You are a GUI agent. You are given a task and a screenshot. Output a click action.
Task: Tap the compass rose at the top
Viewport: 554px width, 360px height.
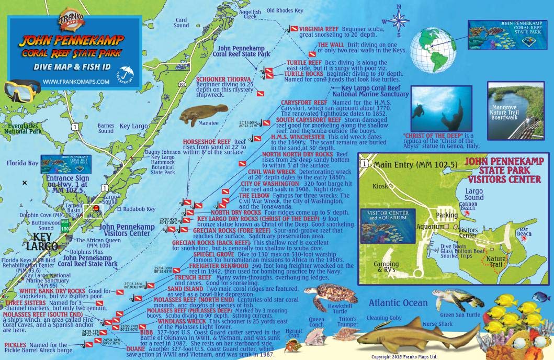[399, 19]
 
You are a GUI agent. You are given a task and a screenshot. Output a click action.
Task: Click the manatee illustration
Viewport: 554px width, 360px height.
[193, 117]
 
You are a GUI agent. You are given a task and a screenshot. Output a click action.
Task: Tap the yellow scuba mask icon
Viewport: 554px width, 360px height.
[21, 89]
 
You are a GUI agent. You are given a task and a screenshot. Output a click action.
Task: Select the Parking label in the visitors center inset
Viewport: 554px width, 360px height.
[447, 215]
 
